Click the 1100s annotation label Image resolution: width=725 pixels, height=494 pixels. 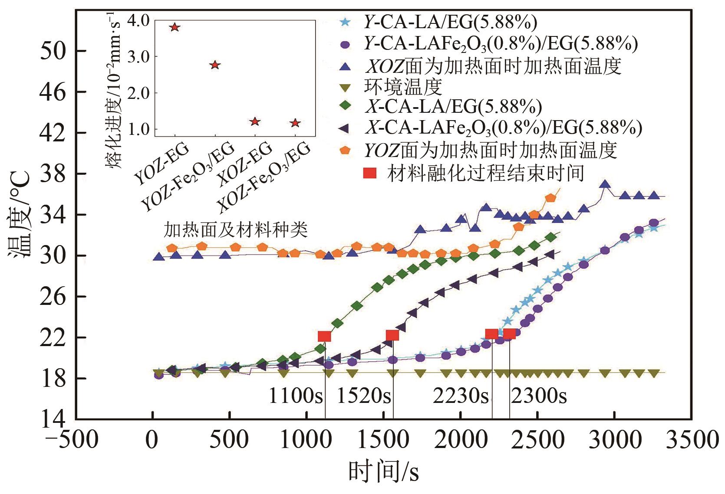(295, 396)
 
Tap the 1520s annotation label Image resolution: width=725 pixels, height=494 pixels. (364, 396)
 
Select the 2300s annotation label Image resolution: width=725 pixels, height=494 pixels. (538, 396)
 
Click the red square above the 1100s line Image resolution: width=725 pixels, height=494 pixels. (324, 337)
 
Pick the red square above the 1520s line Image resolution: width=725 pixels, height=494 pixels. (392, 335)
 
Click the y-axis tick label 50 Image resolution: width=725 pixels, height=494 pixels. (53, 51)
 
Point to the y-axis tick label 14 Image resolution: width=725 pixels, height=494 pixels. (53, 419)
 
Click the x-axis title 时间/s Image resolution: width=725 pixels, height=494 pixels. (384, 472)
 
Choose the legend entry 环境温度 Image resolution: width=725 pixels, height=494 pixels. (403, 87)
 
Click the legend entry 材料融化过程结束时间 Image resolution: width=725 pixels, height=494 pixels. (486, 173)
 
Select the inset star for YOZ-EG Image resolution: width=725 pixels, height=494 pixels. (175, 27)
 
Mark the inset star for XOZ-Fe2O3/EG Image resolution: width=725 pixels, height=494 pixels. (295, 123)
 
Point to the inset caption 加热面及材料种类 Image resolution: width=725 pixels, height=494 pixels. (236, 229)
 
